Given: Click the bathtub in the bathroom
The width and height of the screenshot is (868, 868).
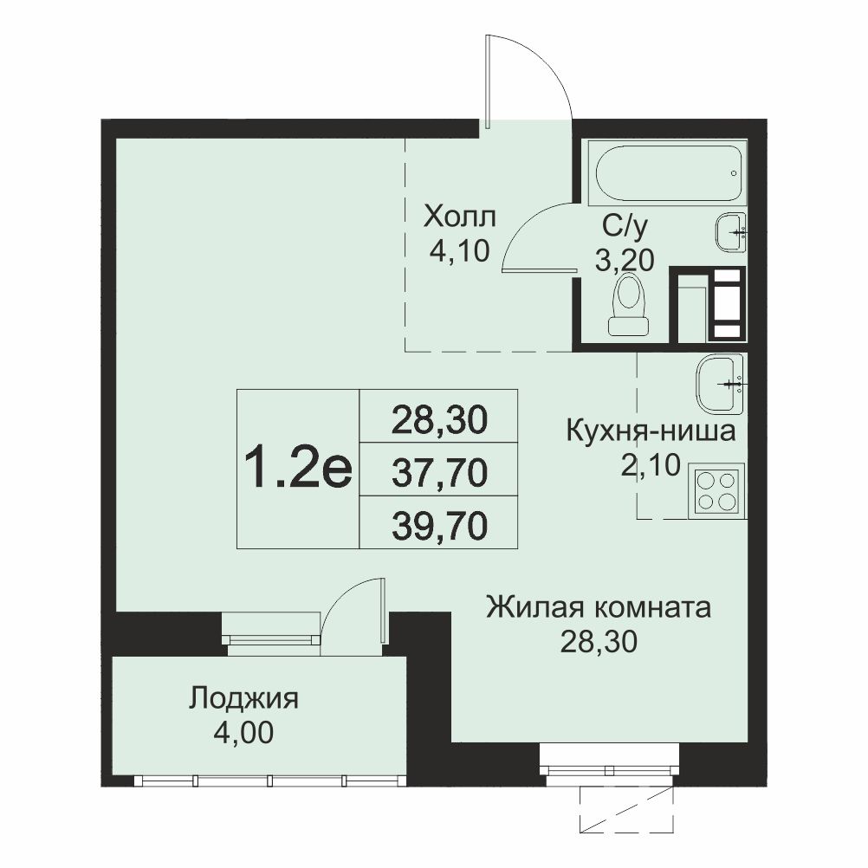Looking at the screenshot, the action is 667,173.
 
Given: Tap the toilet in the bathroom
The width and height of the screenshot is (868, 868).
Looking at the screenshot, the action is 628,304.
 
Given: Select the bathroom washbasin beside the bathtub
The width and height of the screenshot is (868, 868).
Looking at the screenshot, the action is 731,232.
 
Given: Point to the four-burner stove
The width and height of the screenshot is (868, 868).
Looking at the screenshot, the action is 717,490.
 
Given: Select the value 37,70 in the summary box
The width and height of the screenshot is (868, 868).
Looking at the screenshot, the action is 439,472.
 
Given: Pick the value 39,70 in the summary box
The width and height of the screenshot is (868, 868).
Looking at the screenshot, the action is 439,525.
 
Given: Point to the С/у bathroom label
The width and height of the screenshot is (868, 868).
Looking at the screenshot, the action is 625,227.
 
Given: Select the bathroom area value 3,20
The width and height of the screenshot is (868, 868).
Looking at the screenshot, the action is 625,259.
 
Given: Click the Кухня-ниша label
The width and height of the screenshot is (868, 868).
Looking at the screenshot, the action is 651,431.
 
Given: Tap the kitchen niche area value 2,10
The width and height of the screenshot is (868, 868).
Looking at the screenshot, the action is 650,465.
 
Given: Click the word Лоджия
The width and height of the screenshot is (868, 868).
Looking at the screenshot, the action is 243,699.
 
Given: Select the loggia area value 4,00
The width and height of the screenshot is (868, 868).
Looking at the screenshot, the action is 243,733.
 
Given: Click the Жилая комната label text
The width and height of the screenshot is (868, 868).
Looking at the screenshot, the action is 599,607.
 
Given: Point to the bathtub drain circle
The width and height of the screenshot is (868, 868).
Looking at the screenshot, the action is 734,173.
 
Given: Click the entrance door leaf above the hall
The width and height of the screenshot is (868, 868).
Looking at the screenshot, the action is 487,82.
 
